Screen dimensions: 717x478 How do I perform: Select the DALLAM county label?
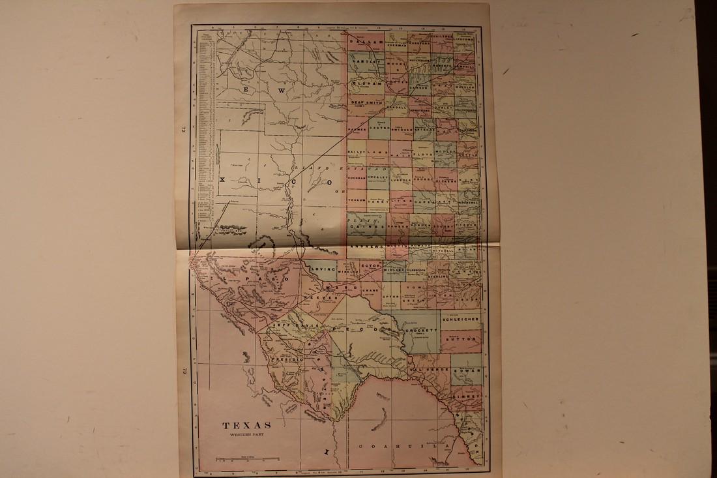pos(367,41)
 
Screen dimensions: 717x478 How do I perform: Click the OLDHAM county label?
pos(366,83)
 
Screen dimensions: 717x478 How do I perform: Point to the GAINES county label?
pos(367,226)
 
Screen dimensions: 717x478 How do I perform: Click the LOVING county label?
pos(324,269)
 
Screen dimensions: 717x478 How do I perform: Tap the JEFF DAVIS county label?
pos(289,324)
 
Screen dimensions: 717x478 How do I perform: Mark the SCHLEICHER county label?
pos(461,320)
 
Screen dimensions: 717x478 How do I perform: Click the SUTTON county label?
pos(461,339)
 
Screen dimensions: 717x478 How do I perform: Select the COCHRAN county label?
pos(357,177)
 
